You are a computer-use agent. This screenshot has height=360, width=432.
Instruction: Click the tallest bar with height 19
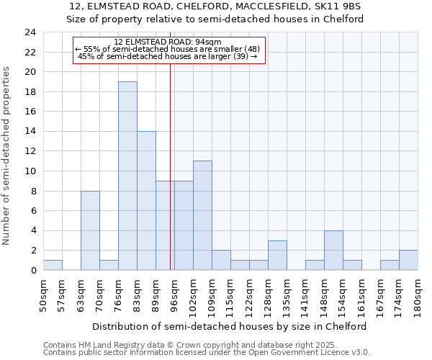point(127,176)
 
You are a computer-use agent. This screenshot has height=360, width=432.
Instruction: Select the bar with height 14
point(146,200)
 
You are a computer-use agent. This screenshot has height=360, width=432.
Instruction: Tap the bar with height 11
point(202,215)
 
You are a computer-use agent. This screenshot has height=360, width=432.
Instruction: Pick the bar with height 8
point(90,230)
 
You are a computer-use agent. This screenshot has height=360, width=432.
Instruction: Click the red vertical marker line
point(170,166)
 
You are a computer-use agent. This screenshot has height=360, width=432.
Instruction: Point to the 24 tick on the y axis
point(30,32)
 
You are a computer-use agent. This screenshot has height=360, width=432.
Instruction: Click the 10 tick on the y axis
point(30,171)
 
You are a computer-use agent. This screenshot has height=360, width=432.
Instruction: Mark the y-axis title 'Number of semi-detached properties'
point(7,156)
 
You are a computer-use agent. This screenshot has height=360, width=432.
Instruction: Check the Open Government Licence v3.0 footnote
point(207,352)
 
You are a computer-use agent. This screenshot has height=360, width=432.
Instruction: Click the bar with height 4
point(333,250)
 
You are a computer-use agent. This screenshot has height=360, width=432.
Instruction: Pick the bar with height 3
point(277,255)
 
